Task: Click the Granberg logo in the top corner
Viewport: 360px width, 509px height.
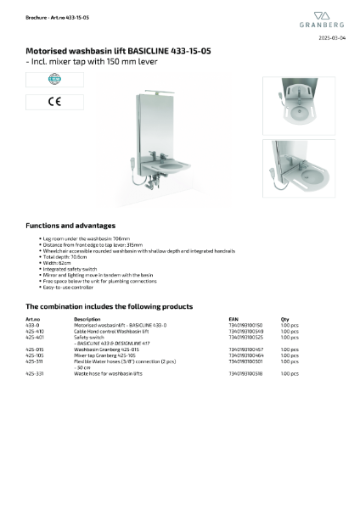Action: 326,20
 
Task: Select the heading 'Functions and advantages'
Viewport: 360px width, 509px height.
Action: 70,226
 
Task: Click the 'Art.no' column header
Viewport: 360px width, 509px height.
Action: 33,319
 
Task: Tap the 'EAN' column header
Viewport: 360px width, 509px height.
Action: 233,319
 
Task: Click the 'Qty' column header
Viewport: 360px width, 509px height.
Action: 284,319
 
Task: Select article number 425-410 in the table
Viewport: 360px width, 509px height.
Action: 35,331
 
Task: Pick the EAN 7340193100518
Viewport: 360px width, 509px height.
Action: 246,373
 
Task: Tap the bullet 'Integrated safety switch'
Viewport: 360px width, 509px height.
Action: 70,267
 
